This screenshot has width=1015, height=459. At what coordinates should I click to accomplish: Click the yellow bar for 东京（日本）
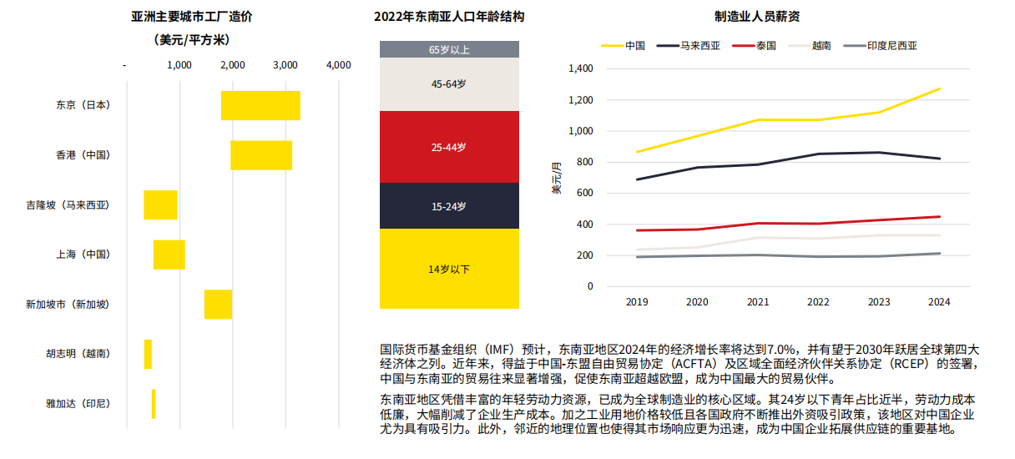click(x=260, y=105)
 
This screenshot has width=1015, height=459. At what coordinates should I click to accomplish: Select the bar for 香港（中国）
click(x=261, y=155)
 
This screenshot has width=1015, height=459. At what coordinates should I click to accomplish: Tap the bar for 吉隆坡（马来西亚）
click(x=160, y=205)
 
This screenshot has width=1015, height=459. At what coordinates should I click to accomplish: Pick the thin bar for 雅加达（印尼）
click(x=154, y=404)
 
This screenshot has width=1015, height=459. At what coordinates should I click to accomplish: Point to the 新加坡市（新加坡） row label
click(x=68, y=305)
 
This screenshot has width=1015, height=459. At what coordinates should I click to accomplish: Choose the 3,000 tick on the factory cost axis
click(x=285, y=65)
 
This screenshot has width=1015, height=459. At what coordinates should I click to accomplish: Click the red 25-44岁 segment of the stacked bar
click(x=449, y=147)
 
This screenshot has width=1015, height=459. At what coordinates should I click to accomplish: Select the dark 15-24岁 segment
click(x=449, y=206)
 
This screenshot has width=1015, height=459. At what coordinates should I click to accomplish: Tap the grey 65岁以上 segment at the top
click(x=449, y=49)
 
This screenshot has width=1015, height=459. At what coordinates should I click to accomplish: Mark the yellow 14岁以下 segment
click(x=449, y=269)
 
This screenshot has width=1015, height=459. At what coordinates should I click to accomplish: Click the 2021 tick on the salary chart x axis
click(x=757, y=302)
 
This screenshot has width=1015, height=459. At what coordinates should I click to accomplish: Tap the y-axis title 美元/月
click(x=557, y=177)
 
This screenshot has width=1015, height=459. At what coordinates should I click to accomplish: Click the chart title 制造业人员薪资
click(x=757, y=17)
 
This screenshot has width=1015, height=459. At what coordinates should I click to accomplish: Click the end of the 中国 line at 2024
click(x=939, y=88)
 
